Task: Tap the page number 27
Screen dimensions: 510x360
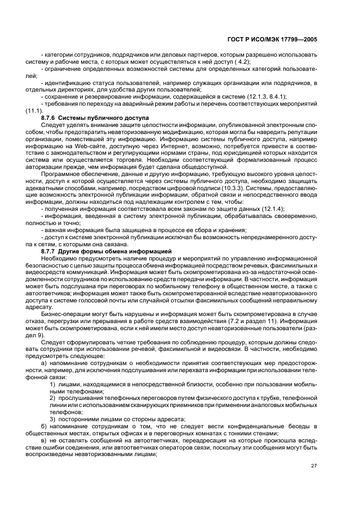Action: [314, 465]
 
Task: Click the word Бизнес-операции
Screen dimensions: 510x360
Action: [64, 314]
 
